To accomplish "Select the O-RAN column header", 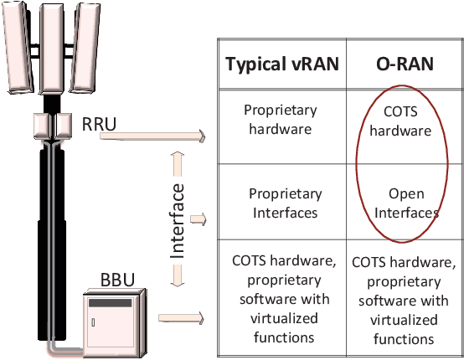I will (403, 66).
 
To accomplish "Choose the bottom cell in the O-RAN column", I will (403, 299).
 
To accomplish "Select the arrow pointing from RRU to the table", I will (155, 134).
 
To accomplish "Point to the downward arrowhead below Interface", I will (177, 284).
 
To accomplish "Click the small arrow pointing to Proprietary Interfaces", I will (198, 219).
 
